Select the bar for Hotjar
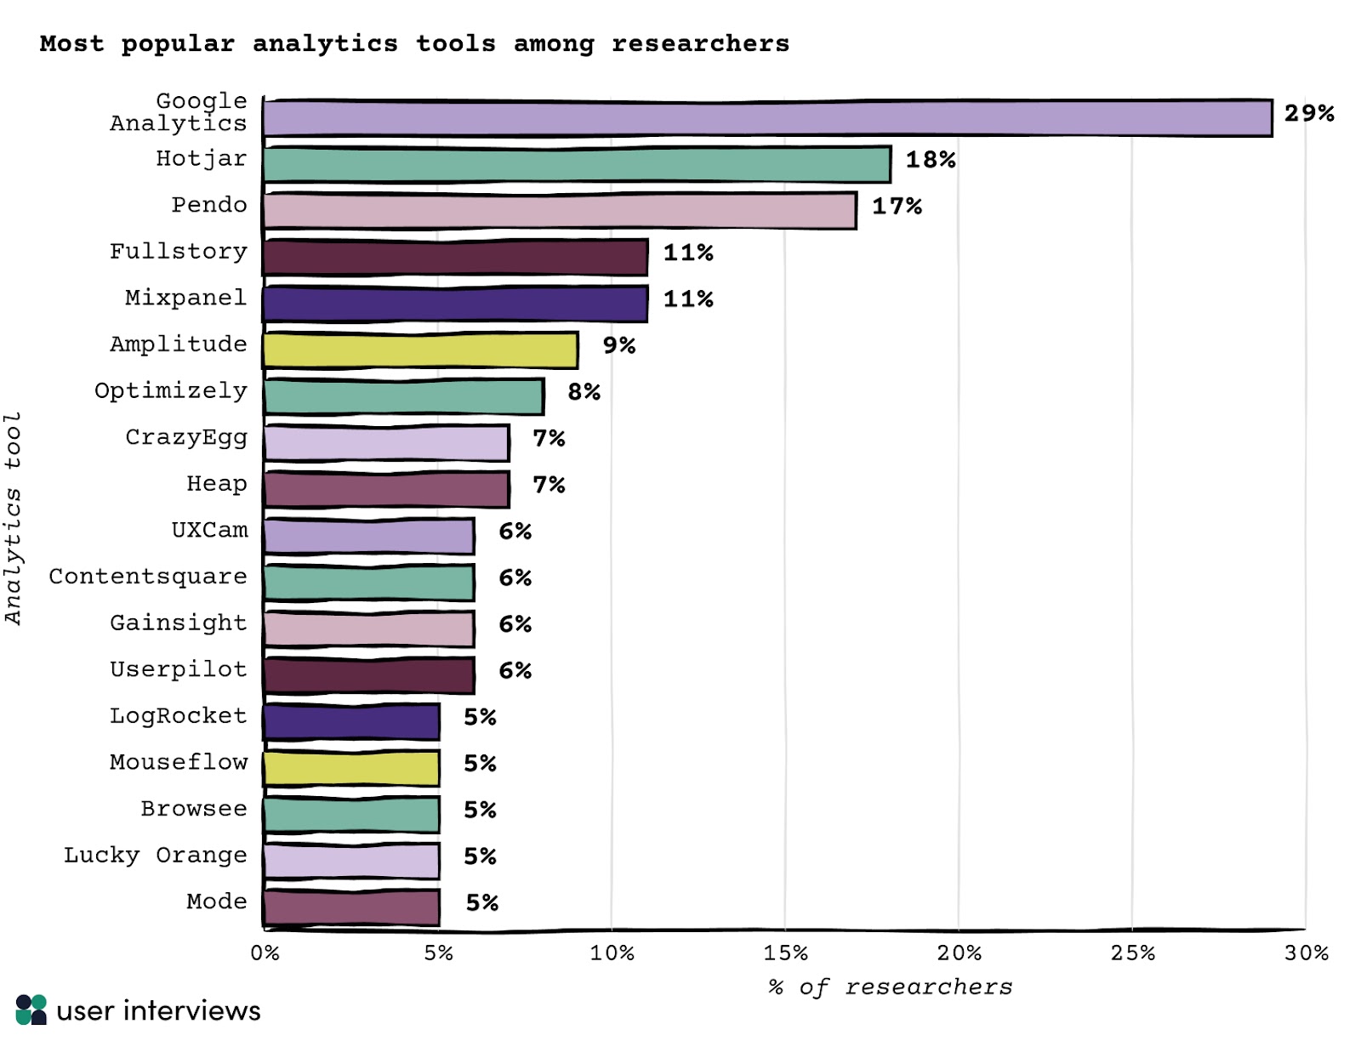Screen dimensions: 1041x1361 [577, 164]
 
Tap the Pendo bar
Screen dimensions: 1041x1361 [560, 211]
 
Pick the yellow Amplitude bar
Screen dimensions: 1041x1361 [420, 350]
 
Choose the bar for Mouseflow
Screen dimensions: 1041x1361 [351, 769]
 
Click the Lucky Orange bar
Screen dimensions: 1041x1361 [351, 862]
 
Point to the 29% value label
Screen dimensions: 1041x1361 [1308, 113]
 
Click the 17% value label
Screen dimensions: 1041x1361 [897, 206]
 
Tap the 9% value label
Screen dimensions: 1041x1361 [618, 345]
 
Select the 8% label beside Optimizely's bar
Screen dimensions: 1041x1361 [584, 392]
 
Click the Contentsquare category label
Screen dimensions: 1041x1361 [148, 577]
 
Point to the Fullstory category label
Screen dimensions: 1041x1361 [178, 252]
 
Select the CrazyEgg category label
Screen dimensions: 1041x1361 [186, 437]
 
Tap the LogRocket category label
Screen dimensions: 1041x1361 [178, 716]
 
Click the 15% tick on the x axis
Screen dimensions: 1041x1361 [785, 953]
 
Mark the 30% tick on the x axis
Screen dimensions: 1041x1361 [1306, 953]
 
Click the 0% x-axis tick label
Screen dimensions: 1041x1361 [265, 953]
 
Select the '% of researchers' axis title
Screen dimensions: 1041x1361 [890, 987]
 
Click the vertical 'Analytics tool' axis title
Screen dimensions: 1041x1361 [13, 519]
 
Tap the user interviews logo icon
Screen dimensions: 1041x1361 [31, 1010]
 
